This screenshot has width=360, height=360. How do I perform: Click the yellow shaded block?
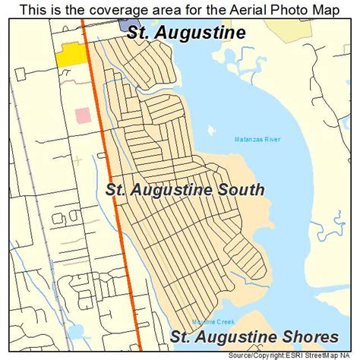[x=71, y=55]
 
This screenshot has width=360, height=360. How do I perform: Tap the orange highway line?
[x=114, y=190]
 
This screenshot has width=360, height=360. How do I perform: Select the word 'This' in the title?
[x=34, y=9]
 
